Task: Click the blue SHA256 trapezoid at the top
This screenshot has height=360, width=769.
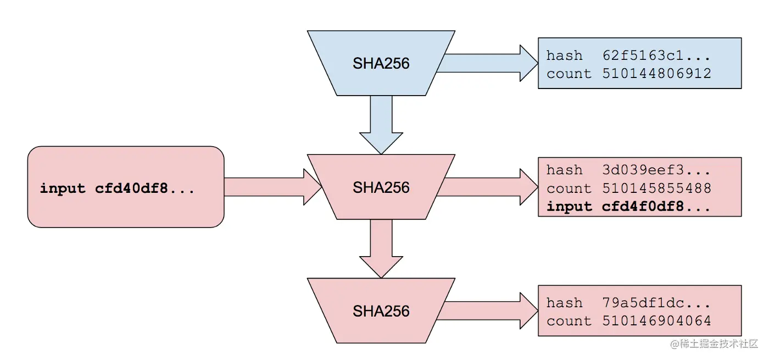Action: click(x=381, y=63)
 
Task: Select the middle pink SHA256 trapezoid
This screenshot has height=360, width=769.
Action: click(x=381, y=187)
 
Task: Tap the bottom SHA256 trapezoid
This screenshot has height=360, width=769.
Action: click(x=381, y=311)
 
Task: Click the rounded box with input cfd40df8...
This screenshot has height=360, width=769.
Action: click(x=126, y=187)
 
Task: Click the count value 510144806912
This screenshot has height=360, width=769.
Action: click(x=656, y=74)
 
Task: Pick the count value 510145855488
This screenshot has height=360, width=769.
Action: click(x=656, y=189)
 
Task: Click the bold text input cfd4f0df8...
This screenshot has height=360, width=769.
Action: click(x=628, y=207)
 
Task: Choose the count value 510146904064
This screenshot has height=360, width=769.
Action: click(x=656, y=321)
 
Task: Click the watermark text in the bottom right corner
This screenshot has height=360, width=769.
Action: click(x=714, y=344)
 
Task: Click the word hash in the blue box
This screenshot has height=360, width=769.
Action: click(x=564, y=56)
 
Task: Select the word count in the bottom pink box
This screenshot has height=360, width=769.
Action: click(x=569, y=321)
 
